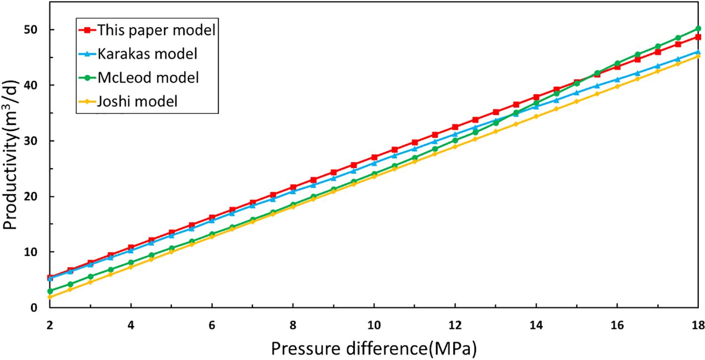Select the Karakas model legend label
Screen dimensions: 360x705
pyautogui.click(x=147, y=54)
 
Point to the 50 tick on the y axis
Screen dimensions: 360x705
pyautogui.click(x=37, y=30)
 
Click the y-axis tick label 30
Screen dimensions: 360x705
pyautogui.click(x=37, y=141)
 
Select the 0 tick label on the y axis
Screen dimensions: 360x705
pyautogui.click(x=40, y=307)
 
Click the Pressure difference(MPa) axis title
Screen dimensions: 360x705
pyautogui.click(x=374, y=348)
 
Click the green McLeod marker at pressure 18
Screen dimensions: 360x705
pyautogui.click(x=698, y=29)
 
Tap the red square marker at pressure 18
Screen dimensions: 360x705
pyautogui.click(x=698, y=37)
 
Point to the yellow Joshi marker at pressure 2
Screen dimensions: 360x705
pyautogui.click(x=50, y=297)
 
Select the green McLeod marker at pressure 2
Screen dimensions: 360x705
pyautogui.click(x=50, y=291)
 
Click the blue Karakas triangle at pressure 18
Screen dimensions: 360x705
pyautogui.click(x=698, y=52)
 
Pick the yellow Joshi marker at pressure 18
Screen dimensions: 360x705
pyautogui.click(x=698, y=56)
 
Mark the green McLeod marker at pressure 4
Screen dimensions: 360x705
pyautogui.click(x=131, y=263)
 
